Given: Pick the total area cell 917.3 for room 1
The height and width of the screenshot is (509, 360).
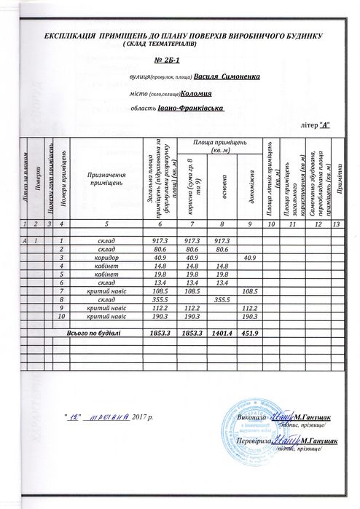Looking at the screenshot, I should coord(161,240).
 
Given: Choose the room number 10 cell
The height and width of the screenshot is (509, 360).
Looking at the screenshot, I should coord(63,317).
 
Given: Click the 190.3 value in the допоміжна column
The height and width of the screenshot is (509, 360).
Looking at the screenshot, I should coord(249,317).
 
